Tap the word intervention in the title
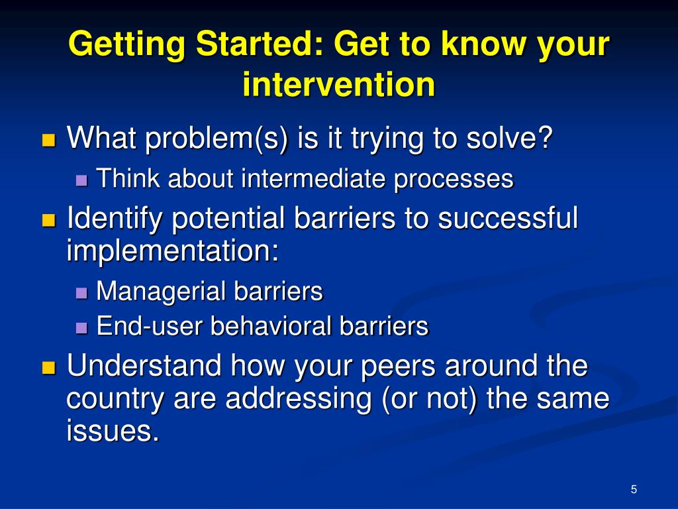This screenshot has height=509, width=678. pyautogui.click(x=338, y=84)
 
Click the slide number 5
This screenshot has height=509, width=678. pyautogui.click(x=634, y=489)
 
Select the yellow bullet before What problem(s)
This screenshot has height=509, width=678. pyautogui.click(x=49, y=141)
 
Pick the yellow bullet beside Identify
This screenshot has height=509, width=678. pyautogui.click(x=49, y=220)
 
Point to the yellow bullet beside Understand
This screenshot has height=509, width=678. pyautogui.click(x=49, y=367)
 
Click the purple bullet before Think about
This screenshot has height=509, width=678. pyautogui.click(x=81, y=180)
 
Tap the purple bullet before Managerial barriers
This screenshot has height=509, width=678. pyautogui.click(x=81, y=293)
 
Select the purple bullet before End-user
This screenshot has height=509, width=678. pyautogui.click(x=81, y=328)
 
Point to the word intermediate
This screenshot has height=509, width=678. pyautogui.click(x=313, y=178)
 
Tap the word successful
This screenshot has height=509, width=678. pyautogui.click(x=508, y=217)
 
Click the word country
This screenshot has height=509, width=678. pyautogui.click(x=115, y=399)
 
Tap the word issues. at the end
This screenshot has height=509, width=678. pyautogui.click(x=113, y=430)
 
